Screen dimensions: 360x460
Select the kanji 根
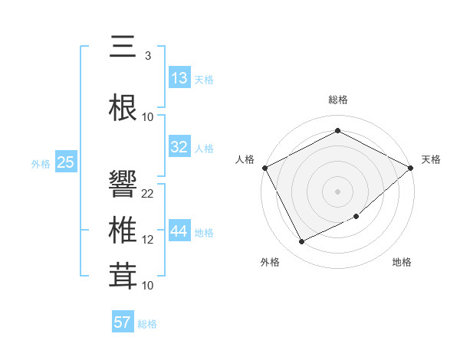(123, 108)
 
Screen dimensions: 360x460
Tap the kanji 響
(123, 185)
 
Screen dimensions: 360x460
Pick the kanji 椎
(123, 231)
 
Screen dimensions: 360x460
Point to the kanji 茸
(123, 277)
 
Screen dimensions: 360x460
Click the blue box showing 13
(179, 78)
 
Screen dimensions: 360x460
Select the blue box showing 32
(179, 147)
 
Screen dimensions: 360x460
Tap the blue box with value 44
(179, 231)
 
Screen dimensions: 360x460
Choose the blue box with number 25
(65, 162)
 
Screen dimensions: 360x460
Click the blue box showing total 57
(123, 322)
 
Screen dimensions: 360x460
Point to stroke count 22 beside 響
(148, 194)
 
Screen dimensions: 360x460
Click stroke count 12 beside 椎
(148, 240)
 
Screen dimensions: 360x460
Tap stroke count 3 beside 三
(147, 56)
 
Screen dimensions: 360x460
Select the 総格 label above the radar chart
(338, 100)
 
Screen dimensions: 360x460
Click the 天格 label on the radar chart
(431, 159)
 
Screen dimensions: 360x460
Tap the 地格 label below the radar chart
(402, 263)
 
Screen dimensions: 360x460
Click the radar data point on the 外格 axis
(302, 242)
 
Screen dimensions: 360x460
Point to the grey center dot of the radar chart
(338, 191)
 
